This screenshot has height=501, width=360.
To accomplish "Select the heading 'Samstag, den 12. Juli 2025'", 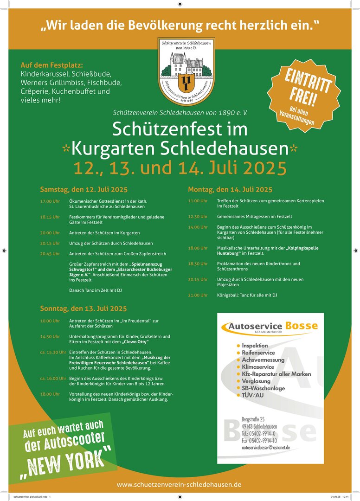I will [84, 190].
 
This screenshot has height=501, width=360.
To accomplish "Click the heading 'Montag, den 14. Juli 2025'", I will [230, 190].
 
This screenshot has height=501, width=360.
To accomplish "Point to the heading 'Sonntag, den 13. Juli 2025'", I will [83, 308].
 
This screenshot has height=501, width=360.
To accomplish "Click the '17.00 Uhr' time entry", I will [50, 201].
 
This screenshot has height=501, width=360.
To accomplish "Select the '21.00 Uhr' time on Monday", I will [198, 295].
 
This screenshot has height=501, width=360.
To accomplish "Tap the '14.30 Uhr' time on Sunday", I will [50, 336].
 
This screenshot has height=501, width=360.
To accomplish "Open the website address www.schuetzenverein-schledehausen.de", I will [179, 484].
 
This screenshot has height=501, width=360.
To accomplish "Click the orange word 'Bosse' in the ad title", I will [302, 326].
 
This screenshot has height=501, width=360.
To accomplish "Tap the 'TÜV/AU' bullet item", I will [253, 395].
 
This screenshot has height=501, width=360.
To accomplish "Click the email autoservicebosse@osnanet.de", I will [265, 448].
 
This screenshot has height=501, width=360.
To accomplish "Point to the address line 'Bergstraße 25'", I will [253, 419].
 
